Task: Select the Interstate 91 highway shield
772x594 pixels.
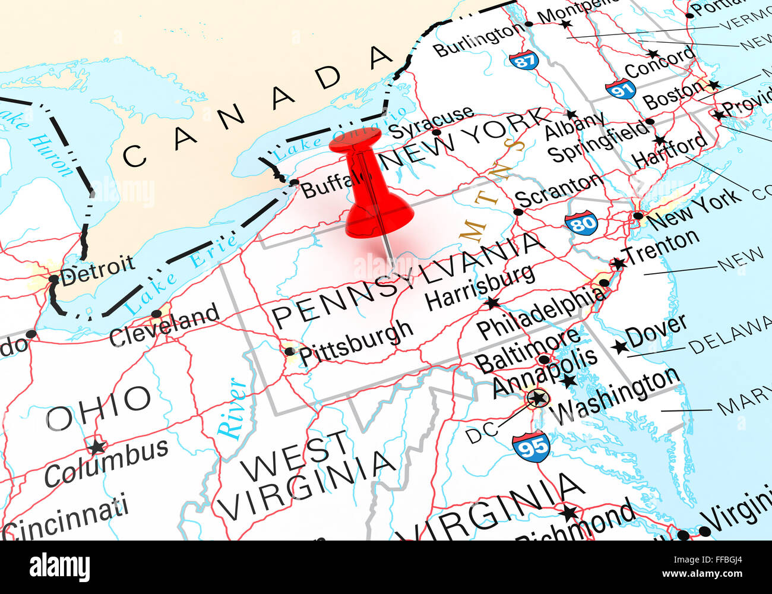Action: coord(621,89)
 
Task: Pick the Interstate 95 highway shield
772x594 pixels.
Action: coord(531,447)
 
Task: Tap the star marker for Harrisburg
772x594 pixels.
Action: coord(492,304)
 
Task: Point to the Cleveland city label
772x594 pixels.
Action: coord(164,325)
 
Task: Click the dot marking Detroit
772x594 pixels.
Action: coord(54,279)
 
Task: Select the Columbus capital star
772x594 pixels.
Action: coord(96,445)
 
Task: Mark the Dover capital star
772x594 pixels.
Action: coord(620,346)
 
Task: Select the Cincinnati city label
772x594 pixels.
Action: coord(65,517)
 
